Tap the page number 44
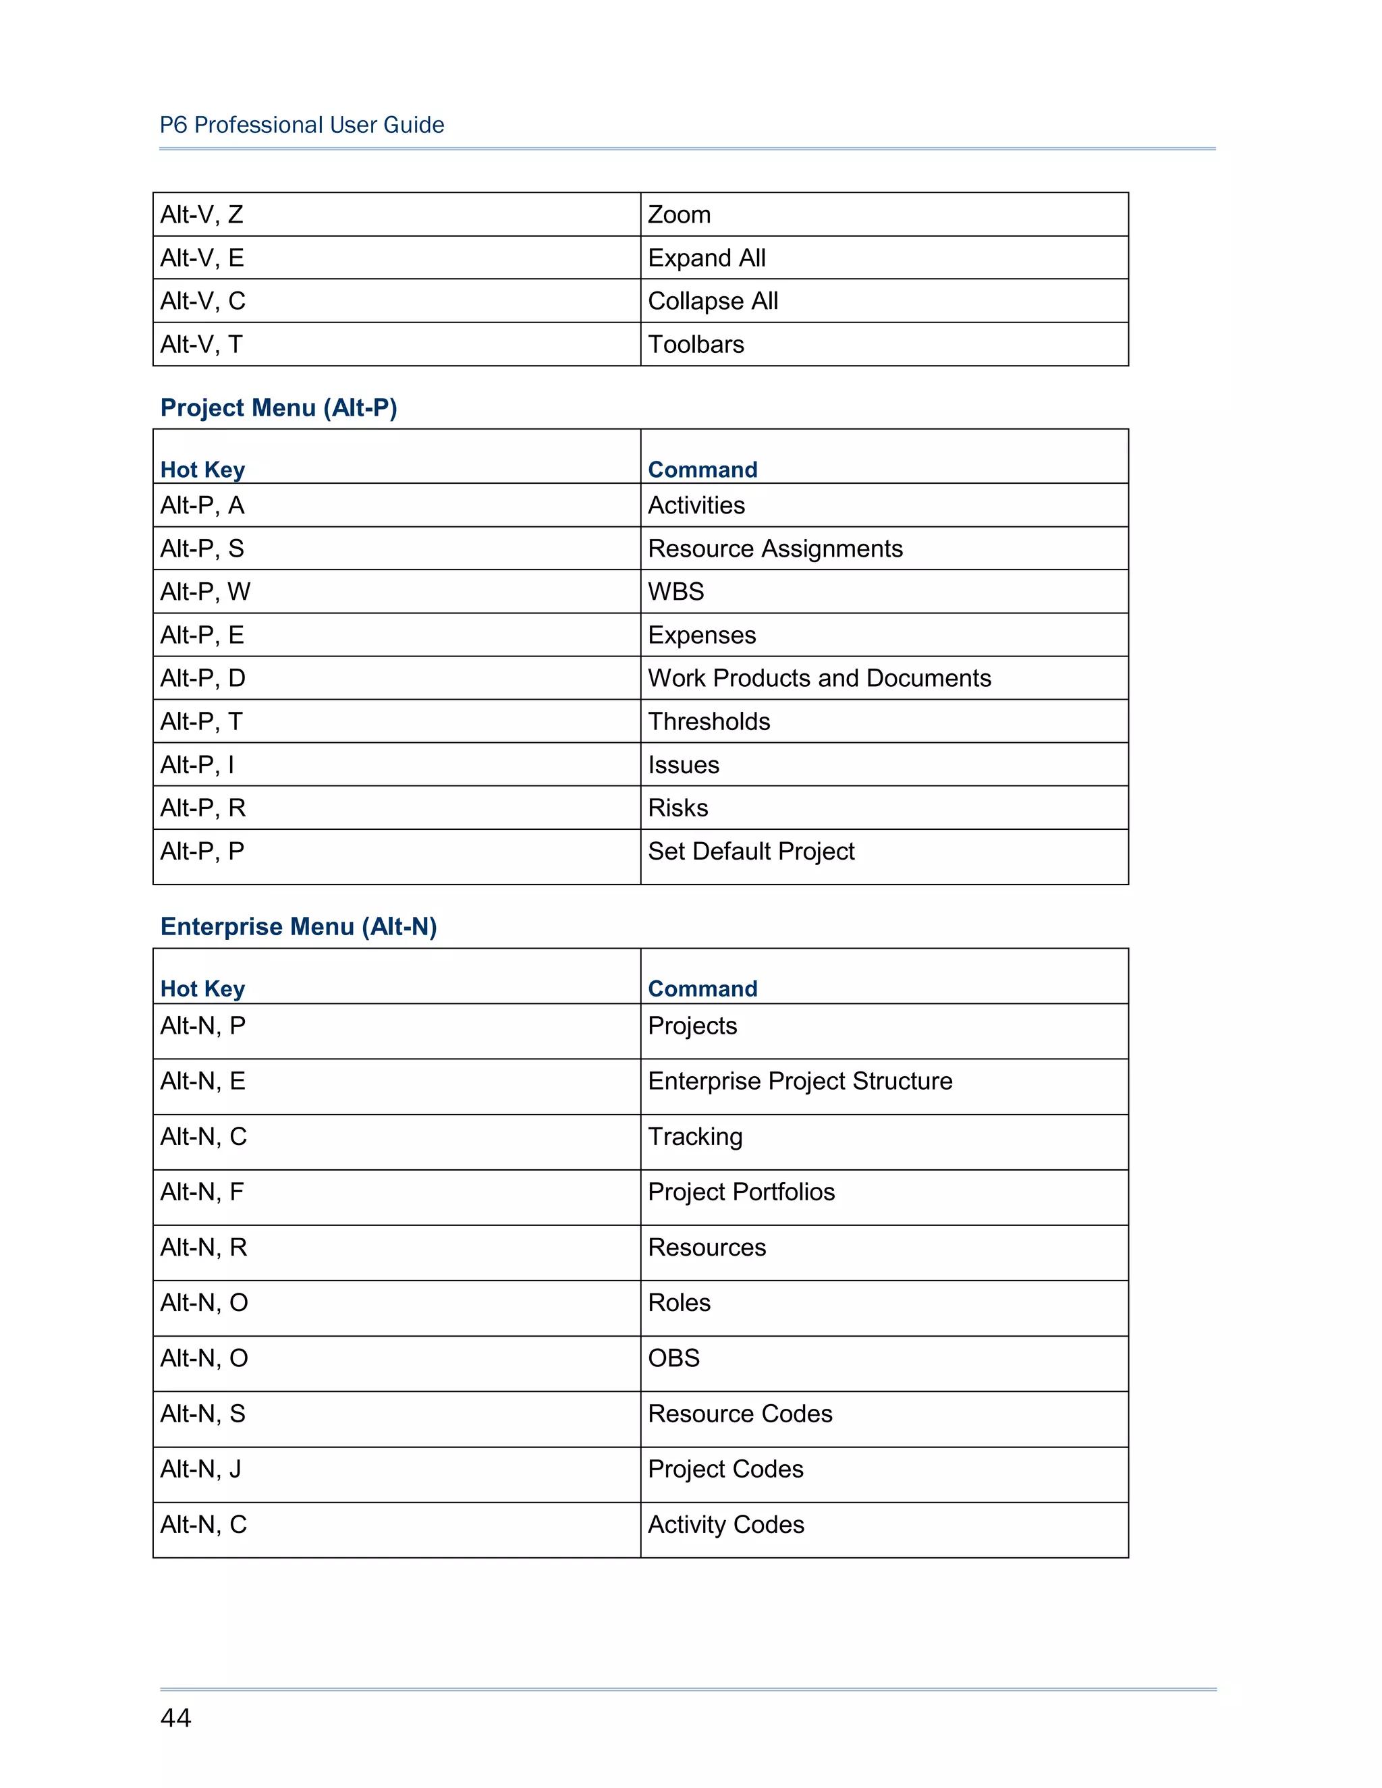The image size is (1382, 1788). click(x=175, y=1718)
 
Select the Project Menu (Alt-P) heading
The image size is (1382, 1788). click(x=279, y=408)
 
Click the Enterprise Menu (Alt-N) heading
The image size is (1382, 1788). click(x=298, y=927)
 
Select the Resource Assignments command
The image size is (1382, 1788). click(x=775, y=549)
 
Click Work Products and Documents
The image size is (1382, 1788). click(x=819, y=678)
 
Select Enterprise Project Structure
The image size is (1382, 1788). click(x=800, y=1082)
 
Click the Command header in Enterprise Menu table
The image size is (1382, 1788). click(x=702, y=989)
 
